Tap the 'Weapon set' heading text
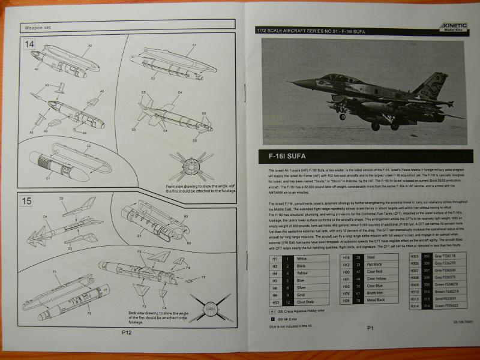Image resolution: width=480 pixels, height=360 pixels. (38, 27)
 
